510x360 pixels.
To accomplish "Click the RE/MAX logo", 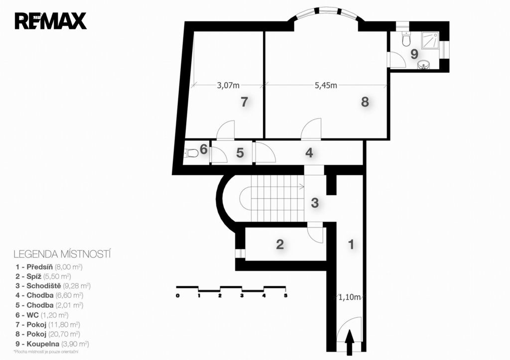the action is coord(50,21).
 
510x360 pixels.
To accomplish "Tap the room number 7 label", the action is coord(244,102).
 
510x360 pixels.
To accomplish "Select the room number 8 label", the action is coord(365,102).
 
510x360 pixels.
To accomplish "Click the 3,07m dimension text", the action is coord(228,86).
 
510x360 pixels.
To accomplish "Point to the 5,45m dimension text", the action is coord(326,86).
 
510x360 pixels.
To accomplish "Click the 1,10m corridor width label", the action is coord(350,297).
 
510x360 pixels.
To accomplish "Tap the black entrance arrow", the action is coord(350,343).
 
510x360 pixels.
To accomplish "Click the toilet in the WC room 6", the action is coord(191,153).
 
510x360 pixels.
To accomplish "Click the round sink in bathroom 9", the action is coord(423,65).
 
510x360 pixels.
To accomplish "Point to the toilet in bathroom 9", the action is coord(406,39).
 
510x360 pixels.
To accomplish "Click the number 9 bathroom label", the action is coord(414,54).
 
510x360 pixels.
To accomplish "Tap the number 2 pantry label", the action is coord(280,244).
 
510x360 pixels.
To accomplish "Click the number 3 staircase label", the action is coord(315,203).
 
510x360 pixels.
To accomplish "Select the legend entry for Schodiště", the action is coord(53,286).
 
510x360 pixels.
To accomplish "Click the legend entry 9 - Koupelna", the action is coord(52,344).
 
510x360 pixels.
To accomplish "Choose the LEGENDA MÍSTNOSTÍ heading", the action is coord(62,254).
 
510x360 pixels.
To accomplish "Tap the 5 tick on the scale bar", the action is coord(285,296).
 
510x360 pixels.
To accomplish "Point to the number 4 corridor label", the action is coord(309,152).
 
